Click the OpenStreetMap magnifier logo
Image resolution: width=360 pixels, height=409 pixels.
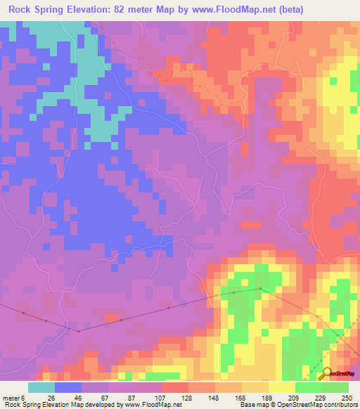click(x=325, y=373)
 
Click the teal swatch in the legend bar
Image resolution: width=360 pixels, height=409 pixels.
click(x=41, y=387)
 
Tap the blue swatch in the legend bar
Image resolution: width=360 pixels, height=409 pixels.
click(x=68, y=387)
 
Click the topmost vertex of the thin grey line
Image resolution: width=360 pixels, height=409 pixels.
click(x=260, y=288)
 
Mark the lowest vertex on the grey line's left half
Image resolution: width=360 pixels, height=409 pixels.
click(x=79, y=331)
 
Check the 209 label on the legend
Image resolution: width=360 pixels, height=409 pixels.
click(x=282, y=397)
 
